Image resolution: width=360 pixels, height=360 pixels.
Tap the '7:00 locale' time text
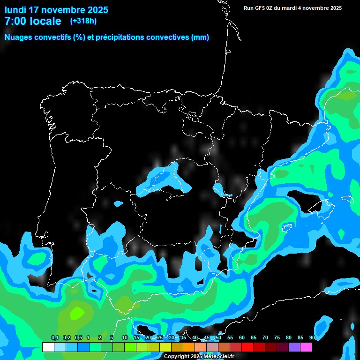click(33, 21)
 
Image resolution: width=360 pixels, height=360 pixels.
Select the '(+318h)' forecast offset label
click(83, 21)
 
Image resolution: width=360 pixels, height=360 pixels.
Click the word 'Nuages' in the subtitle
click(19, 37)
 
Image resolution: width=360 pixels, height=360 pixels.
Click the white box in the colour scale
click(48, 347)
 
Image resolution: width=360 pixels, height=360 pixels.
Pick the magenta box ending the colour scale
click(306, 347)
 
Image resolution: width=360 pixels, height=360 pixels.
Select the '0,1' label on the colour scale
click(55, 338)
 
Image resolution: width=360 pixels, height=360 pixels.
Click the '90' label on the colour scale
click(312, 338)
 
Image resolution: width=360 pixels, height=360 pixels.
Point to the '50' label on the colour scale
click(218, 338)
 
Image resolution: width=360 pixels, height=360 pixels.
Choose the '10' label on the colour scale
click(125, 338)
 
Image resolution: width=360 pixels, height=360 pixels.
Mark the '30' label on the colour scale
click(172, 338)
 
